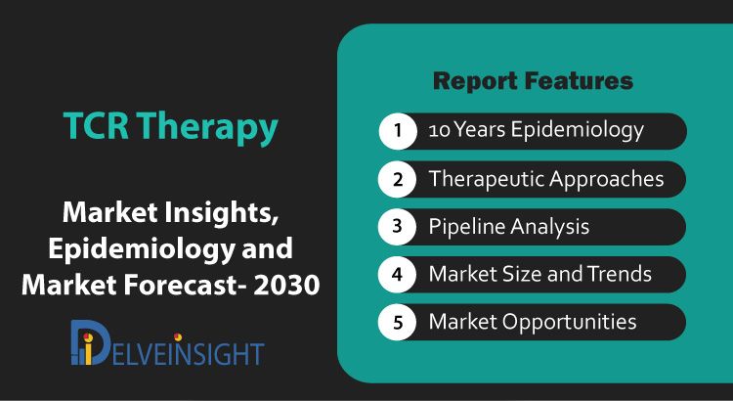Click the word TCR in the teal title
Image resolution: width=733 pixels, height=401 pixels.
(96, 125)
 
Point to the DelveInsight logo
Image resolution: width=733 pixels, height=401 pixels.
(167, 342)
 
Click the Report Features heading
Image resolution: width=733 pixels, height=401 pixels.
(533, 81)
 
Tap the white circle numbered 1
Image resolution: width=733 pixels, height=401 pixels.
(398, 130)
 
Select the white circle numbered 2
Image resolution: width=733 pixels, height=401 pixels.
(398, 179)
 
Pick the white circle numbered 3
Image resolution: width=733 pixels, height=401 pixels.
(398, 227)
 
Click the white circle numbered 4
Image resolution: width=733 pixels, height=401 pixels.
(398, 274)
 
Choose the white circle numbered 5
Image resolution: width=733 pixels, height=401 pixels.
(398, 322)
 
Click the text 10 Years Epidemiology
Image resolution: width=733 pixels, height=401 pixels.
(537, 130)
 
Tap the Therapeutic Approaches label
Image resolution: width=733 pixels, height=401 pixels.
(546, 179)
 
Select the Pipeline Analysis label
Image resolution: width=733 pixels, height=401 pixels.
(509, 227)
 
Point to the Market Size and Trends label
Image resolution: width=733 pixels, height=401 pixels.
(539, 274)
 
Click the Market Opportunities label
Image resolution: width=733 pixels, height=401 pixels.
(533, 322)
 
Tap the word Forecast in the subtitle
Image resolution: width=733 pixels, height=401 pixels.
(182, 284)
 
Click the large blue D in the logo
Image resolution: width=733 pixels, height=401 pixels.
(90, 342)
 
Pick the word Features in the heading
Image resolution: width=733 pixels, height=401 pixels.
(579, 81)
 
